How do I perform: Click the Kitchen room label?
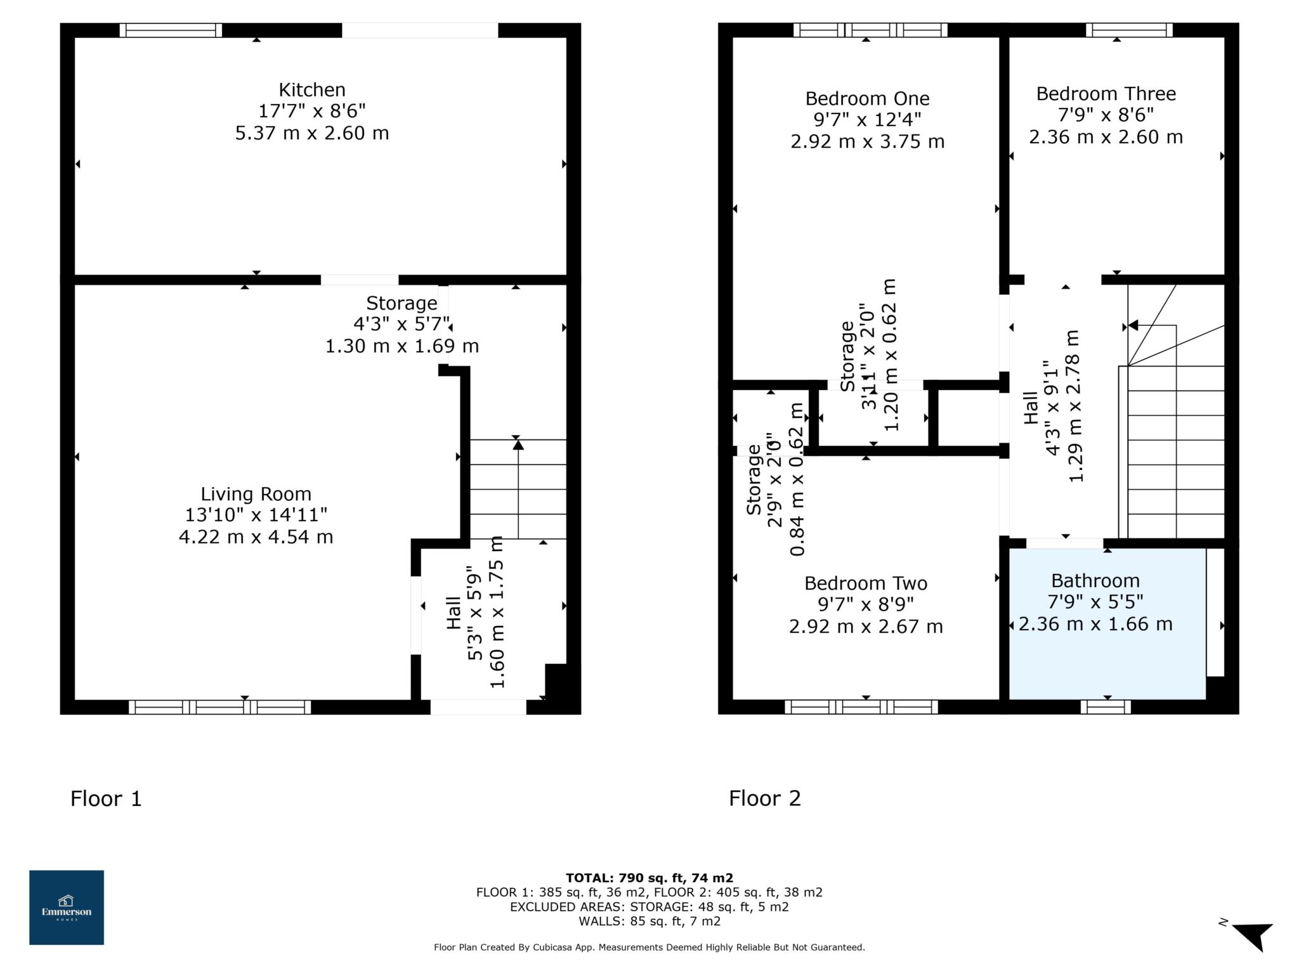point(312,90)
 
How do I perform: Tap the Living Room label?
point(256,494)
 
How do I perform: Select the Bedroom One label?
point(867,99)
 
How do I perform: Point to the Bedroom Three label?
point(1106,94)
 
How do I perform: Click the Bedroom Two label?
point(866,583)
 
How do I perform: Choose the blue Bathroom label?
point(1095,581)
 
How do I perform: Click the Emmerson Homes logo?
point(67,907)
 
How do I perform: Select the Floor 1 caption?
point(106,798)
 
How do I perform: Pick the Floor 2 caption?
point(764,798)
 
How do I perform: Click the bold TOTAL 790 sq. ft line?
point(649,878)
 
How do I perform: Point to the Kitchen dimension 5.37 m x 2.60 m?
point(312,133)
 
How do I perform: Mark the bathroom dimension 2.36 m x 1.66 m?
point(1095,624)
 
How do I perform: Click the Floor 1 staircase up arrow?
point(518,446)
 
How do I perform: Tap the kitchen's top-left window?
point(171,30)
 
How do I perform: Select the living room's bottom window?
point(219,707)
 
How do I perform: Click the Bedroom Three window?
point(1129,30)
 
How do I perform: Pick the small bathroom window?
point(1106,707)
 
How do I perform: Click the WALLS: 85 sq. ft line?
point(649,921)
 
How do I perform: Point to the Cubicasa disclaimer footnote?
point(649,947)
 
